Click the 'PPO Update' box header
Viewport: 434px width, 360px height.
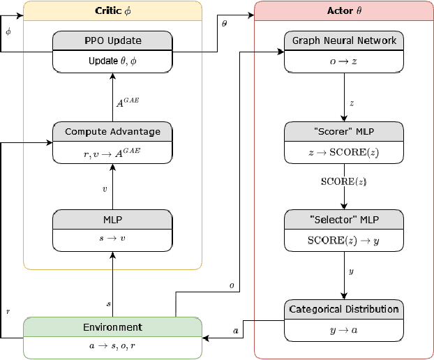[x=112, y=40]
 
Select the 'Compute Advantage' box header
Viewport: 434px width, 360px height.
[x=112, y=131]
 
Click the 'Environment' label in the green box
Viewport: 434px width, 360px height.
[x=112, y=327]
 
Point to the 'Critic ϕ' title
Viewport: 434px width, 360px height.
[x=112, y=10]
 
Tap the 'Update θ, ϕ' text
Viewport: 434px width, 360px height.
[x=112, y=61]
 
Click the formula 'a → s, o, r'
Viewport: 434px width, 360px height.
[x=112, y=346]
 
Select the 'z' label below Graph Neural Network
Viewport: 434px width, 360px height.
[x=351, y=102]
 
